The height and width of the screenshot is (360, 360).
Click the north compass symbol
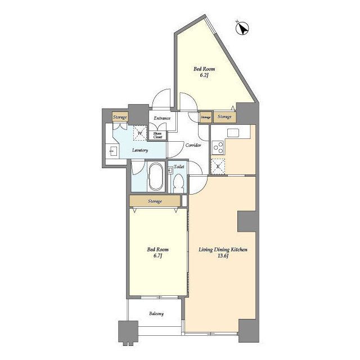click(242, 29)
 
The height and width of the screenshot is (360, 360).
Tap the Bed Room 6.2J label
click(204, 72)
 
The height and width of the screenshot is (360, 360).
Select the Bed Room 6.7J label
click(157, 253)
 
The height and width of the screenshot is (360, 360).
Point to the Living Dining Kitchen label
click(223, 253)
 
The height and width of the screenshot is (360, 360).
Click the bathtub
click(156, 176)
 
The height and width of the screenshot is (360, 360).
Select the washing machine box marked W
click(140, 133)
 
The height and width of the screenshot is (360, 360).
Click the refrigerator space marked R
click(218, 166)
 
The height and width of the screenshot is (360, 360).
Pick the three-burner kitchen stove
click(218, 147)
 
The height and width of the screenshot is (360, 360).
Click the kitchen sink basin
click(233, 133)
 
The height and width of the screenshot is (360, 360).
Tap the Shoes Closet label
click(157, 135)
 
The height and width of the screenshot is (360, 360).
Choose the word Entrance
click(162, 118)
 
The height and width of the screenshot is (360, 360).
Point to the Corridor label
click(193, 145)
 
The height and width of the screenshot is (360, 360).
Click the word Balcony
click(156, 313)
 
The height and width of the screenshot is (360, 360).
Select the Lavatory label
click(140, 150)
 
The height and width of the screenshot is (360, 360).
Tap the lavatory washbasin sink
click(113, 151)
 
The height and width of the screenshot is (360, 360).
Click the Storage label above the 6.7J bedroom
click(155, 201)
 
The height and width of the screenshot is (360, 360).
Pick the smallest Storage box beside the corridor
click(205, 118)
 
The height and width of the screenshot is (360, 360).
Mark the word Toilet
click(179, 166)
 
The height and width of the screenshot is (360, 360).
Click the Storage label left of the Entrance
click(120, 118)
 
